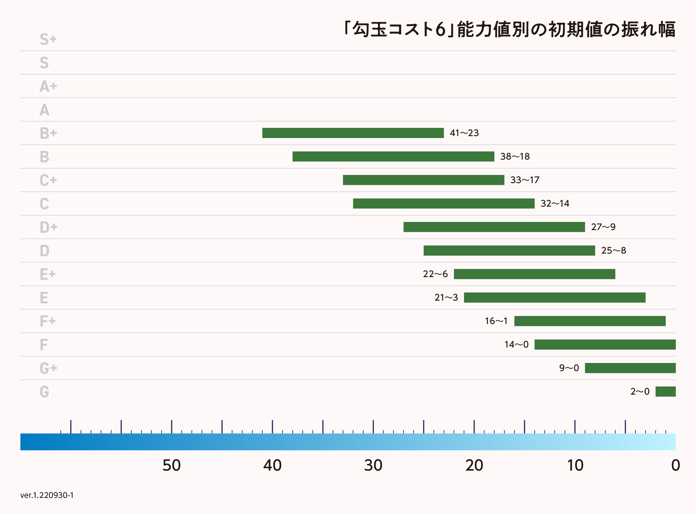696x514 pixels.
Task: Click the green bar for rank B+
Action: [353, 133]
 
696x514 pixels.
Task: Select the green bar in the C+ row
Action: [423, 180]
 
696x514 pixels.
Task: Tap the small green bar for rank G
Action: [665, 391]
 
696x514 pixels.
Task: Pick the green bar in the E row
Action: [555, 297]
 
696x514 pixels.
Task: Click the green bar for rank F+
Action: [590, 321]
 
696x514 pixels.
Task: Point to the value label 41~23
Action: [464, 133]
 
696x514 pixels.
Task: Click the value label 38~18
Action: [515, 157]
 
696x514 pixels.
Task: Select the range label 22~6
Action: [435, 274]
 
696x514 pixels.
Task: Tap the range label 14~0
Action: [516, 344]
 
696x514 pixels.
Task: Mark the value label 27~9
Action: [603, 227]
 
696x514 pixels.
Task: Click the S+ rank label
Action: [48, 39]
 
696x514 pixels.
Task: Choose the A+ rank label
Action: [48, 86]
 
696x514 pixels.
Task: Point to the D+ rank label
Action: [48, 227]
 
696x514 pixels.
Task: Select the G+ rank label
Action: [48, 368]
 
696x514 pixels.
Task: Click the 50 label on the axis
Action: [171, 465]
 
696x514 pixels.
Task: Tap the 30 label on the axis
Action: [373, 465]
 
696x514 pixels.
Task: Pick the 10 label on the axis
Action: [575, 465]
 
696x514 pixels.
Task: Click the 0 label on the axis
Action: [675, 465]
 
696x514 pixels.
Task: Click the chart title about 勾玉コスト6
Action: [509, 29]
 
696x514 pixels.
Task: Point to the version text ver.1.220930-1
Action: [47, 495]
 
